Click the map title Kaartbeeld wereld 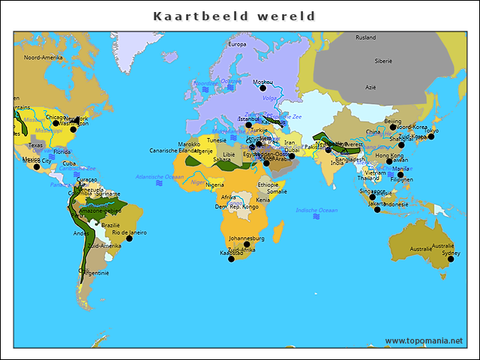tap(235, 16)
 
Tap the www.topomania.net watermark tap(424, 340)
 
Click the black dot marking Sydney tap(451, 259)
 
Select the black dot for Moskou tap(262, 88)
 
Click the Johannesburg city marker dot tap(247, 244)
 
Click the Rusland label tap(366, 37)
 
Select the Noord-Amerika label tap(42, 57)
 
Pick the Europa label tap(237, 44)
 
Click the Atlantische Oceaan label tap(159, 176)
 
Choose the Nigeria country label tap(214, 184)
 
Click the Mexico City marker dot tap(35, 166)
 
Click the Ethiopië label tap(268, 184)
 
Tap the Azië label tap(370, 87)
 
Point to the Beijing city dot tap(392, 127)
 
